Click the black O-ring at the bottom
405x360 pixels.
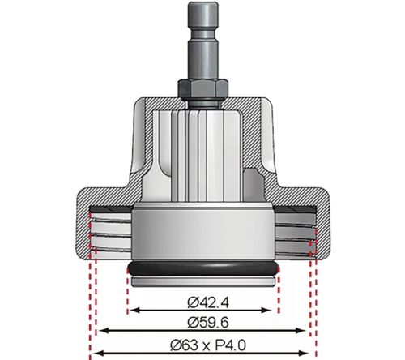tap(202, 270)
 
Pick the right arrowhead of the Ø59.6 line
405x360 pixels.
tap(305, 330)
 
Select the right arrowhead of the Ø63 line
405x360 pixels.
tap(313, 351)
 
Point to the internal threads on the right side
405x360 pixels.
tap(296, 229)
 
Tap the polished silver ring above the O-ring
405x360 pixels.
tap(202, 235)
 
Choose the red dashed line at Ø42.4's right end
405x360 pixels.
tap(278, 288)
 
